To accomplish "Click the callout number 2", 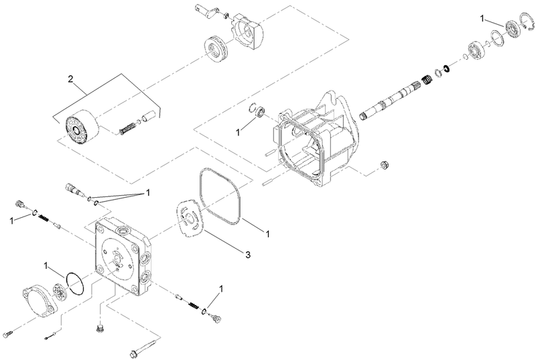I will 71,79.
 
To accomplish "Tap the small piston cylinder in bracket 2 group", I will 149,117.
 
